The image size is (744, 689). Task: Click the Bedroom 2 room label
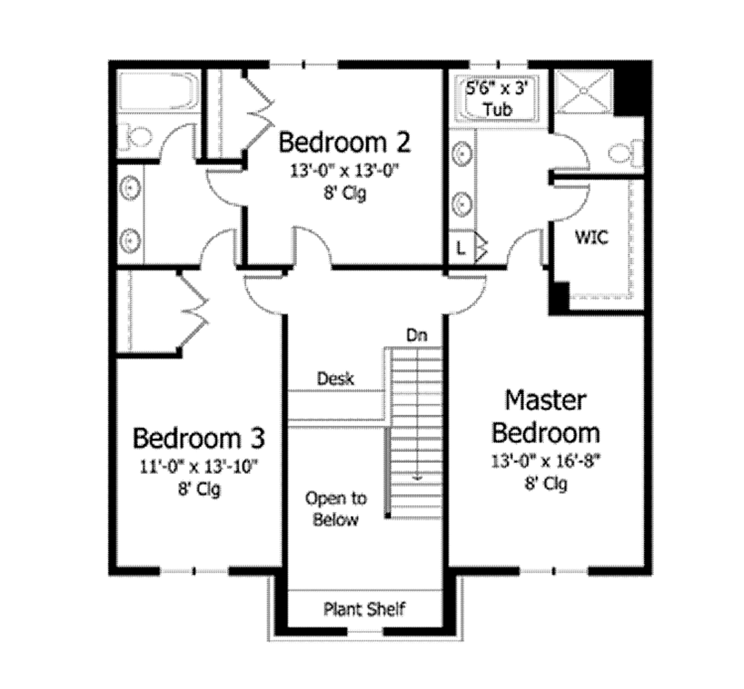tap(344, 142)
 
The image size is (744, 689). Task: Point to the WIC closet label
tap(591, 237)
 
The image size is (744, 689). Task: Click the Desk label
tap(336, 379)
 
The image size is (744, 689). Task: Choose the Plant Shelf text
tap(364, 609)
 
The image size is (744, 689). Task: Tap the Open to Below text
tap(336, 509)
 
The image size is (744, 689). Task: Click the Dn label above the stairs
tap(416, 336)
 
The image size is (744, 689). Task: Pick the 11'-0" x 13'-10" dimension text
tap(198, 466)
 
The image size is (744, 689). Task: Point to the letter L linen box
tap(461, 247)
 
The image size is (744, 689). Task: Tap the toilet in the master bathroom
tap(623, 153)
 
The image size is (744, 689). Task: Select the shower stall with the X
tap(583, 92)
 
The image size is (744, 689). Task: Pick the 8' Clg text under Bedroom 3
tap(198, 489)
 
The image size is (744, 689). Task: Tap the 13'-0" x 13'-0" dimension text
tap(344, 172)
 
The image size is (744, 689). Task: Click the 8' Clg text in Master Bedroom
tap(545, 483)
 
